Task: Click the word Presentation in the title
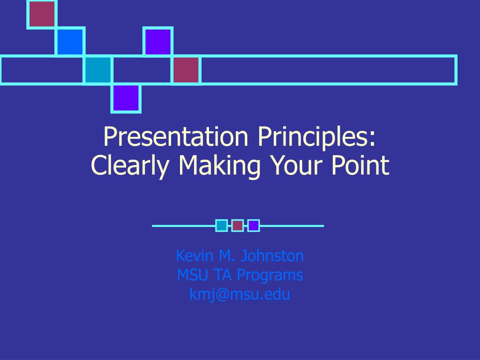[176, 136]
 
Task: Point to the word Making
[219, 165]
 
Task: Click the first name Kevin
[195, 255]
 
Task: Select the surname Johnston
[272, 255]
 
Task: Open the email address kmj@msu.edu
[240, 294]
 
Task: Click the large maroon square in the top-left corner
[42, 14]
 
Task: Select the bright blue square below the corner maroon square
[70, 41]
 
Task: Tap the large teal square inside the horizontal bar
[98, 70]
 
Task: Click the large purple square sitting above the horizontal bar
[158, 41]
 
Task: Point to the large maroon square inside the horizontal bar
[186, 70]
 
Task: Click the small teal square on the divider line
[221, 225]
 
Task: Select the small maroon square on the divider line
[238, 225]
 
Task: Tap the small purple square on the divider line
[254, 225]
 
